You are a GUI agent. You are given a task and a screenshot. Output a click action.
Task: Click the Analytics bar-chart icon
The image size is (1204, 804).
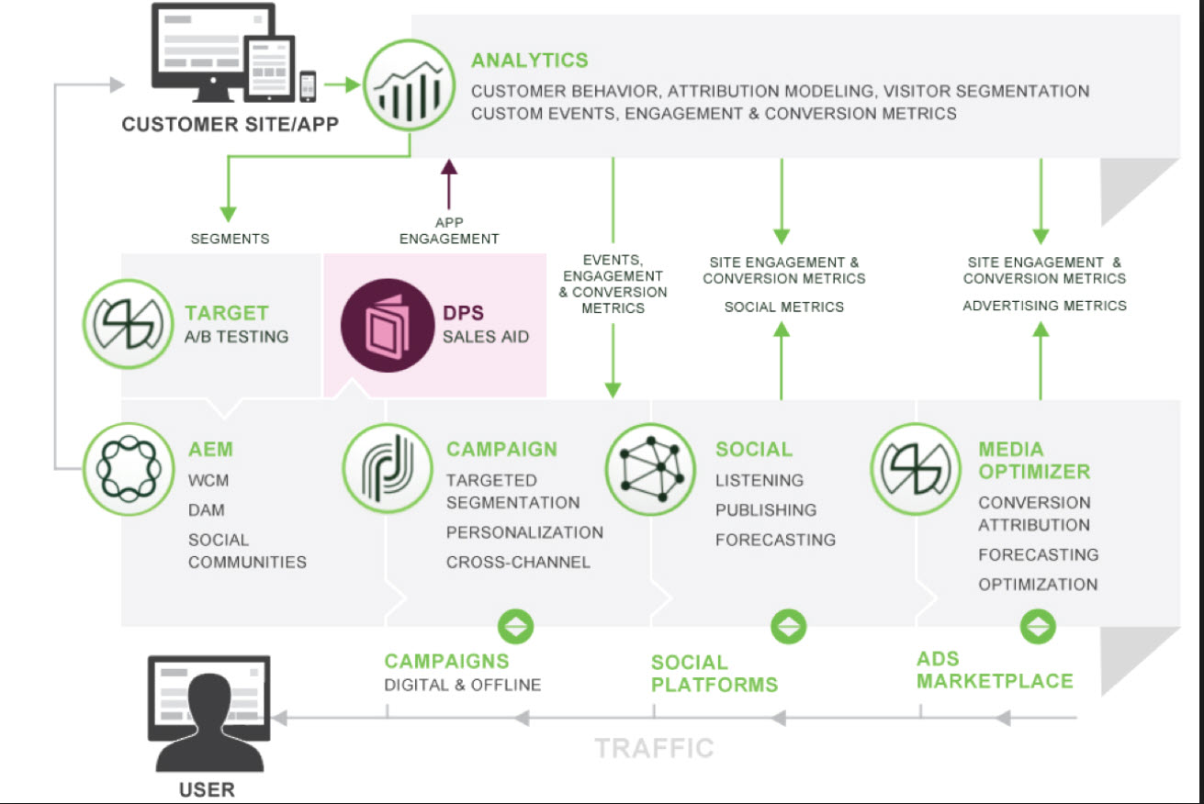point(409,84)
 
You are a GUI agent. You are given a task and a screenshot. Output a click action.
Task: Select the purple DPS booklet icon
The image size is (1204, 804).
point(387,325)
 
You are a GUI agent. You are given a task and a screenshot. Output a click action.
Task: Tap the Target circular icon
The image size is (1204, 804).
point(128,324)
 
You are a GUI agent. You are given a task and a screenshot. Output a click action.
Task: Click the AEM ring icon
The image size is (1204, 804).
point(128,469)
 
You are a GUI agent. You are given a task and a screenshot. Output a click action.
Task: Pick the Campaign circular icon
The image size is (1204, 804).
point(387,468)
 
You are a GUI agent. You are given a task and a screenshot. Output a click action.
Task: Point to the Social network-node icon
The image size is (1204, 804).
point(650,469)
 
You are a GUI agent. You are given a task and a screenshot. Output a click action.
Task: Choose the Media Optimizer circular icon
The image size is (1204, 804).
point(916,469)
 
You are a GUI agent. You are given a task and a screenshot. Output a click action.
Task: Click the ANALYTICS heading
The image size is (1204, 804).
point(529,61)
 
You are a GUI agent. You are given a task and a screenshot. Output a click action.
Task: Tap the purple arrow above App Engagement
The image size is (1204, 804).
point(449,184)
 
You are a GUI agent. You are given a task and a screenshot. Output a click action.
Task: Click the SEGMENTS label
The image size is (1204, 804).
point(230,239)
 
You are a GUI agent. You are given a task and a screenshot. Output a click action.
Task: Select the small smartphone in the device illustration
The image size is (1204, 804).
point(308,86)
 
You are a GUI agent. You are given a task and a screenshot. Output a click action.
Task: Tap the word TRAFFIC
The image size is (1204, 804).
point(654,748)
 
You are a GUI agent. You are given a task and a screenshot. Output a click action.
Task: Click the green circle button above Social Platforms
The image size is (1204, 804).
point(788,626)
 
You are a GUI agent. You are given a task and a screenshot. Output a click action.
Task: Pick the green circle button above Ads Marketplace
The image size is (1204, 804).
point(1038,626)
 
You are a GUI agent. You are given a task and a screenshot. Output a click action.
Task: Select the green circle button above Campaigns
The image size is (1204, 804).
point(515,626)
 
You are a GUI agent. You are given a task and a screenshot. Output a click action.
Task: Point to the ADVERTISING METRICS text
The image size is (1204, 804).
point(1044,306)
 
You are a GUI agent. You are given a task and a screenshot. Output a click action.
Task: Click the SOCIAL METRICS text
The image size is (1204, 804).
point(784,307)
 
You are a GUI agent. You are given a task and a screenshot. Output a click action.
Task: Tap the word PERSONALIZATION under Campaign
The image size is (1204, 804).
point(524,532)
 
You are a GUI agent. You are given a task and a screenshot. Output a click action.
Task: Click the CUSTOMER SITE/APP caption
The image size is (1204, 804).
point(230,124)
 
